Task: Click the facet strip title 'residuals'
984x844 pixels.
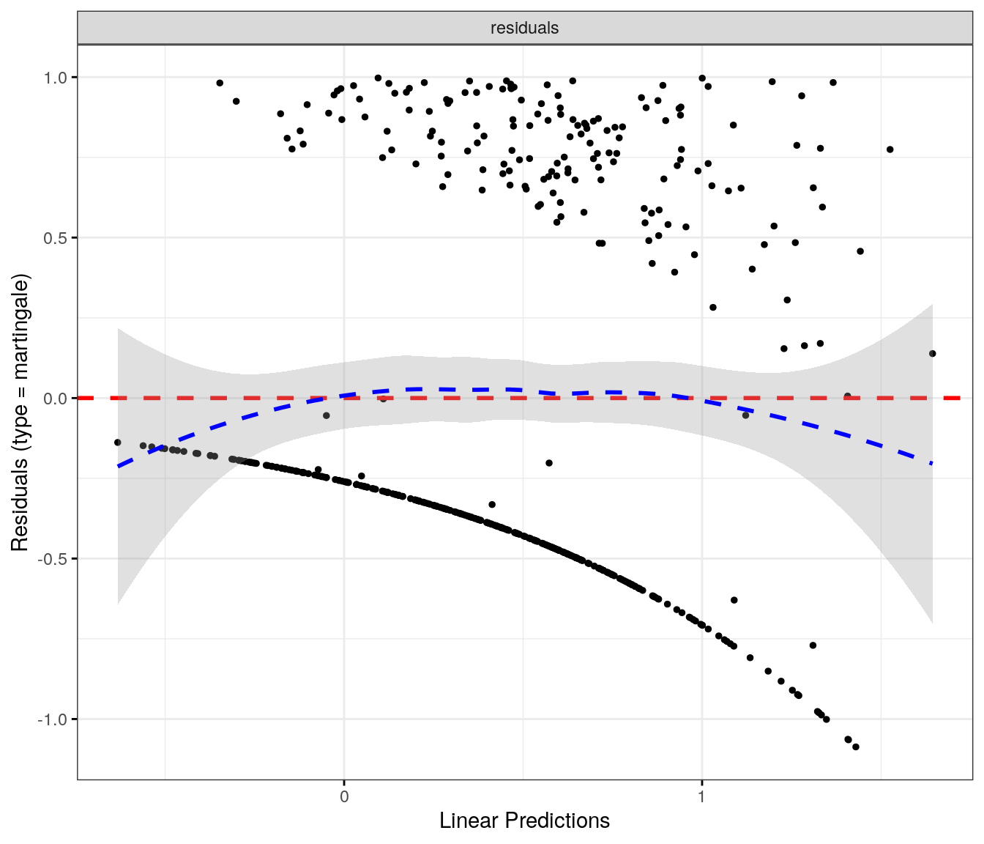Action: (524, 28)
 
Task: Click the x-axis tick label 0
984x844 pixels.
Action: (344, 796)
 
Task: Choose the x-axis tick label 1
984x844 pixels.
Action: (702, 796)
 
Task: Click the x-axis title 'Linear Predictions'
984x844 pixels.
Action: (524, 821)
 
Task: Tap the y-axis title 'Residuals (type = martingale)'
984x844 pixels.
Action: (20, 412)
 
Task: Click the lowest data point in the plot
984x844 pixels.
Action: (855, 747)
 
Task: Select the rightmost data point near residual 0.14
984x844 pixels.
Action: (932, 354)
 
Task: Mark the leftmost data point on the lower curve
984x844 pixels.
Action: (117, 443)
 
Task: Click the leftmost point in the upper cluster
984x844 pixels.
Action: (220, 83)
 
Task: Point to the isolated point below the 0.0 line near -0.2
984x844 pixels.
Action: (549, 463)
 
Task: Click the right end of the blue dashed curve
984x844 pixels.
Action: (932, 464)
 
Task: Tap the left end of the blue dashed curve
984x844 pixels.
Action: (119, 466)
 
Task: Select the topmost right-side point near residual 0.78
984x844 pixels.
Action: (890, 149)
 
